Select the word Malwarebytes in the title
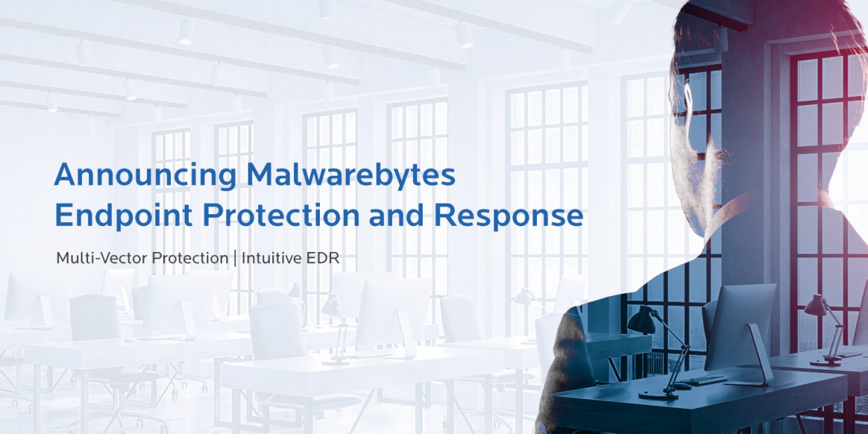[x=351, y=176]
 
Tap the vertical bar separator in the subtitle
[x=234, y=258]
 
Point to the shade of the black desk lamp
[x=640, y=321]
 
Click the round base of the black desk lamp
[x=654, y=393]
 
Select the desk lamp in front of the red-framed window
[x=826, y=329]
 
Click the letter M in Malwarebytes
[x=259, y=176]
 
